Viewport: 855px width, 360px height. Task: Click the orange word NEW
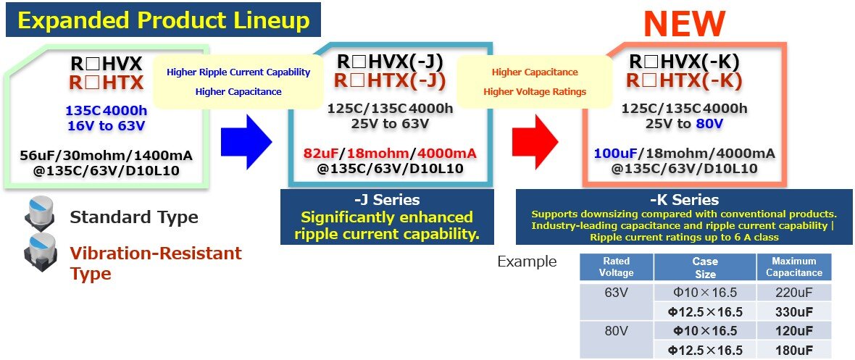[x=684, y=24]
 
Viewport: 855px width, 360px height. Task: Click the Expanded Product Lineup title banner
[x=163, y=20]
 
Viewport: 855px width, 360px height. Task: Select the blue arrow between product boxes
[x=246, y=142]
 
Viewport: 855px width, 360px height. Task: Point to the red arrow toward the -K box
[x=535, y=141]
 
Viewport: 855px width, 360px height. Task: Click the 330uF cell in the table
[x=794, y=312]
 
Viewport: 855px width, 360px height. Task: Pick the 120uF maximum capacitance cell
[x=794, y=331]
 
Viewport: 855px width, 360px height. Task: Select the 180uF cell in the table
[x=794, y=350]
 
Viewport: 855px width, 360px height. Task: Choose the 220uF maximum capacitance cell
[x=794, y=293]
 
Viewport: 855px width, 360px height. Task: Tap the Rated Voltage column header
[x=616, y=267]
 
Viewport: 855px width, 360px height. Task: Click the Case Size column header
[x=705, y=267]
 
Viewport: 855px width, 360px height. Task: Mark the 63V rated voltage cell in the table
[x=616, y=293]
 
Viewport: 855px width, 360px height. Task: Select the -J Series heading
[x=387, y=200]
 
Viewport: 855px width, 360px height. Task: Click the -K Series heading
[x=685, y=200]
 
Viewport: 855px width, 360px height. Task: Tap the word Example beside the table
[x=527, y=261]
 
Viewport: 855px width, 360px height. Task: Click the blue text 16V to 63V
[x=107, y=126]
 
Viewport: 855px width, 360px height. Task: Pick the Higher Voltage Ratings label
[x=535, y=92]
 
